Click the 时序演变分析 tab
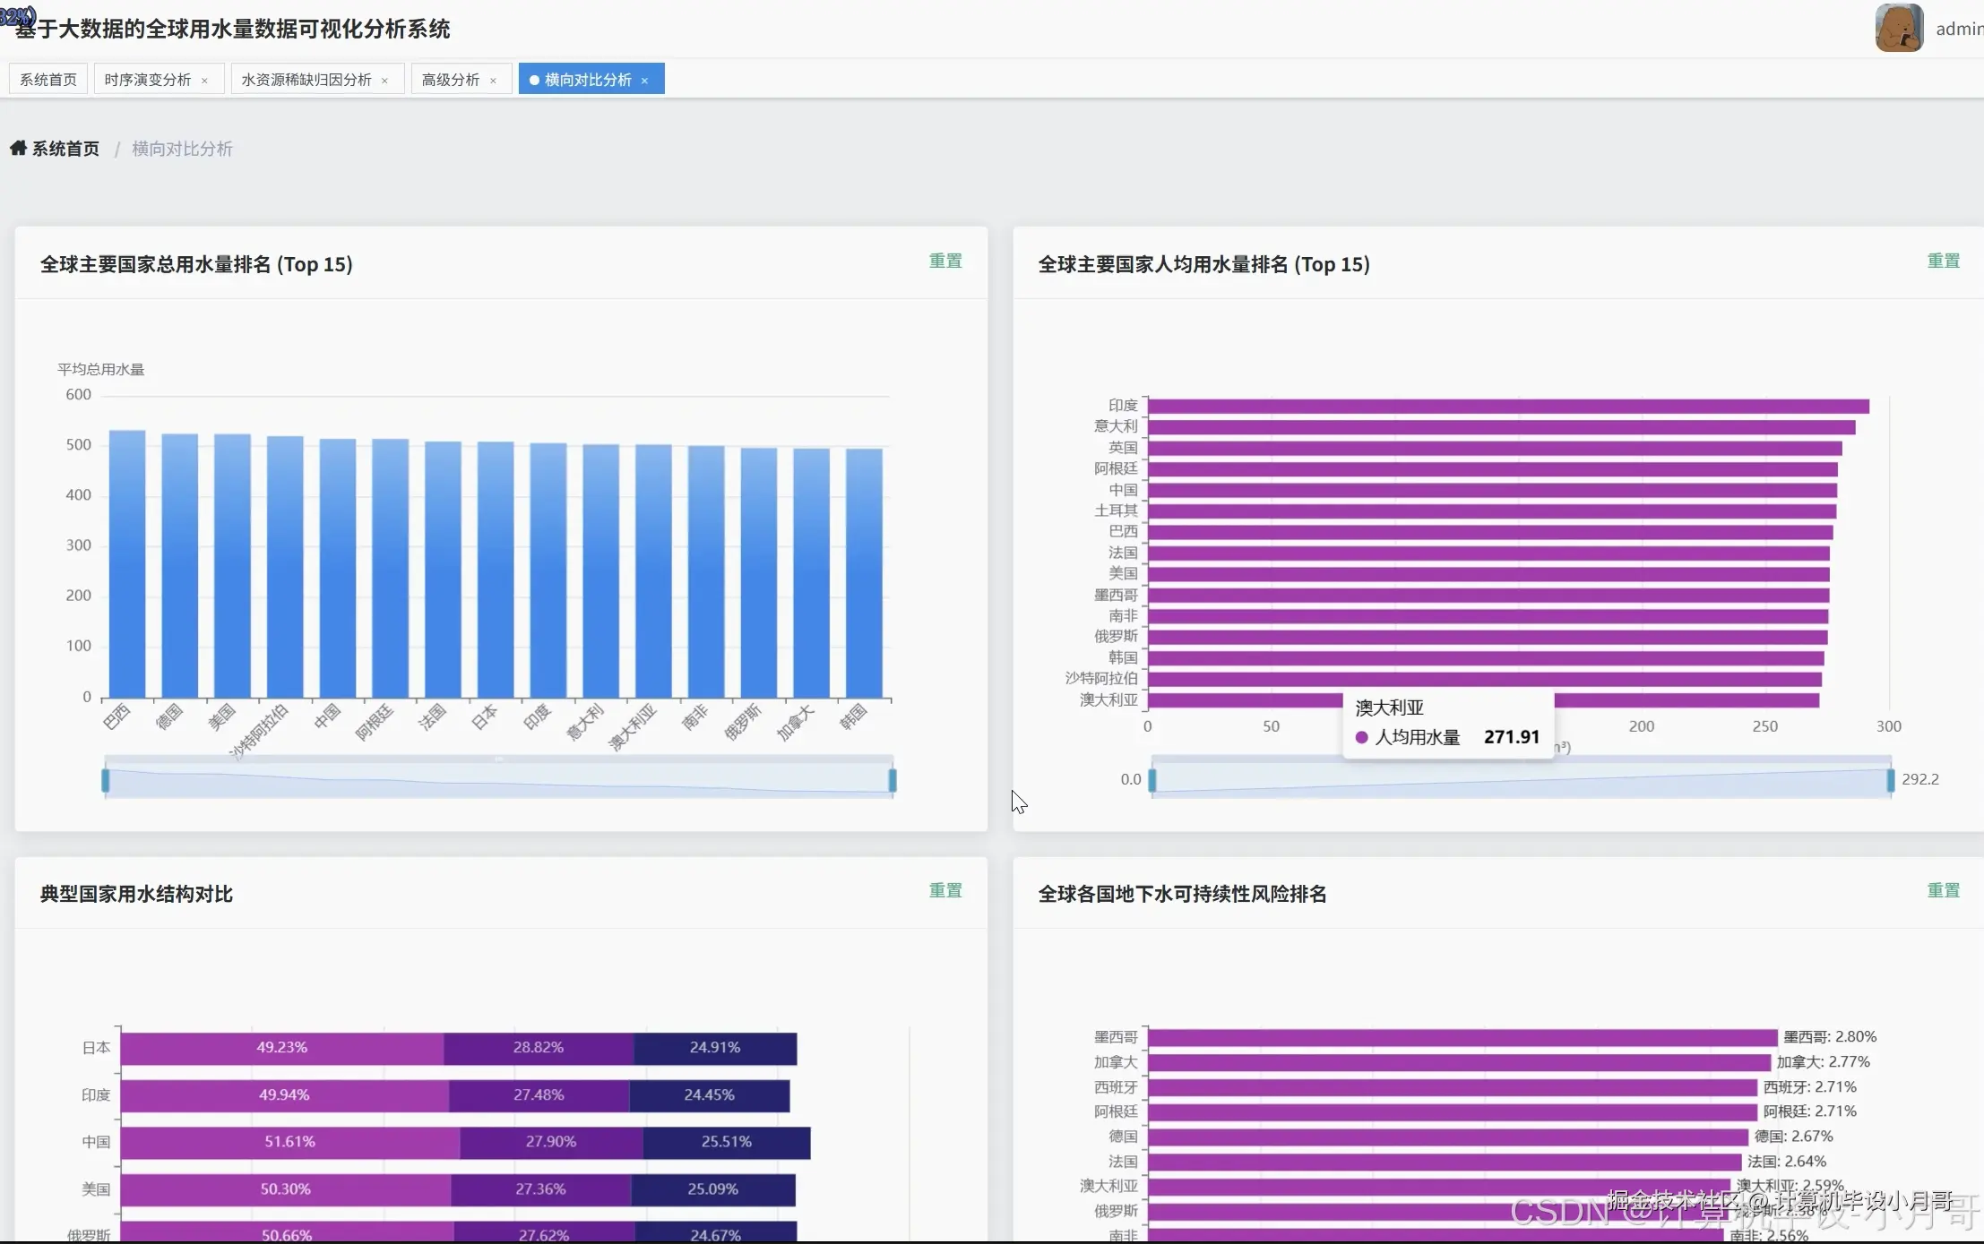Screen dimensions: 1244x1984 148,80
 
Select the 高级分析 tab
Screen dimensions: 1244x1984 451,80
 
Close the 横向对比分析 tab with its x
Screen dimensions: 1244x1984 644,81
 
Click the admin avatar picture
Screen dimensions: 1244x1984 1899,28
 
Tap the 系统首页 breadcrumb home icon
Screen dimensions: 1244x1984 18,148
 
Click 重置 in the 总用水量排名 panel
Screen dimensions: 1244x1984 945,261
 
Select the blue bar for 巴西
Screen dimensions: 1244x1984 127,564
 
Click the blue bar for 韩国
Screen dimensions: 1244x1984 864,573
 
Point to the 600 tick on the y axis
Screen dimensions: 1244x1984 79,394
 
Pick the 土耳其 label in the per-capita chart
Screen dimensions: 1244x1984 1116,510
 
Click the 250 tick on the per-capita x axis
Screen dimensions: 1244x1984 1764,726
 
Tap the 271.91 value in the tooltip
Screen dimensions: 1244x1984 1511,736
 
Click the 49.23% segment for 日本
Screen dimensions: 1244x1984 282,1048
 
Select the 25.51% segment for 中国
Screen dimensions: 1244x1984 726,1142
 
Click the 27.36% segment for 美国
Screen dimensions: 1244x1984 540,1189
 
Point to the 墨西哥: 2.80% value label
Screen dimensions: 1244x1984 1829,1036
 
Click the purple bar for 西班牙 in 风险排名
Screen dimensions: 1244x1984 1452,1087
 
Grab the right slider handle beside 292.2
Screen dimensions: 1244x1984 1891,780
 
